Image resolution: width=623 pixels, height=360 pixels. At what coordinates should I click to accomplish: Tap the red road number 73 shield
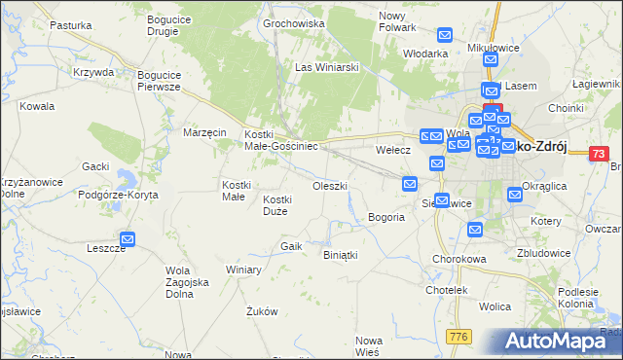click(600, 154)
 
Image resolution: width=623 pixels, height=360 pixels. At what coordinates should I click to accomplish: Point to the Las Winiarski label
click(328, 67)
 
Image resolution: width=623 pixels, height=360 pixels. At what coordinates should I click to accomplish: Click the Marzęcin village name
click(205, 131)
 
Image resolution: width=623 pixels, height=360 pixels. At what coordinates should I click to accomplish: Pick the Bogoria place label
click(385, 217)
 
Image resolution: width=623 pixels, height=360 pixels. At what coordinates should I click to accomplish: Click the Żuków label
click(263, 312)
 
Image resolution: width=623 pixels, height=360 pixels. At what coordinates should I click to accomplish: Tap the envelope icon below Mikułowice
click(490, 60)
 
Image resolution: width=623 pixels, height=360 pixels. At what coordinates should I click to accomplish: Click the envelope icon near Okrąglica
click(515, 195)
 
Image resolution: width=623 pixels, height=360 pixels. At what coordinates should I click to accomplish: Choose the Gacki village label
click(95, 166)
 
